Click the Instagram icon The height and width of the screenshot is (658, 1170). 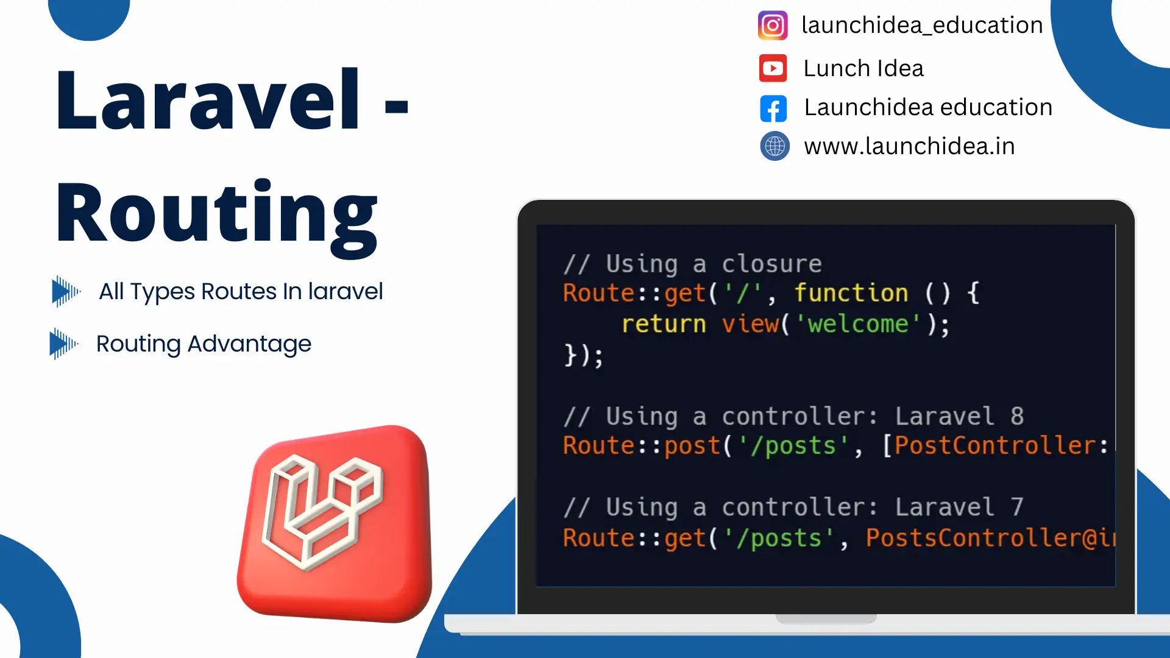tap(773, 26)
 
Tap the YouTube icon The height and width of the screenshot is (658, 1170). tap(773, 68)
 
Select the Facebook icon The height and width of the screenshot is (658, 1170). tap(773, 108)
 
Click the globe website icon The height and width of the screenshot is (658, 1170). tap(775, 146)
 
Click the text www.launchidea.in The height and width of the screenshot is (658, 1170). tap(909, 146)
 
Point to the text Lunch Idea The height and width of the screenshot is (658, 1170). tap(863, 68)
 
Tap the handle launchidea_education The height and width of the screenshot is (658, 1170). tap(922, 26)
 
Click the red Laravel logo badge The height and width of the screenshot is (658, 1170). tap(335, 523)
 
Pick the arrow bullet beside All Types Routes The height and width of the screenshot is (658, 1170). tap(66, 291)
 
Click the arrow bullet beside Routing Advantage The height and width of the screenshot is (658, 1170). tap(63, 344)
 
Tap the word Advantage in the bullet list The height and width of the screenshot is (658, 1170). tap(249, 344)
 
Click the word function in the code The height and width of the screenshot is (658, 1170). tap(851, 293)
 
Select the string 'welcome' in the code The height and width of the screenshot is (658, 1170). tap(857, 324)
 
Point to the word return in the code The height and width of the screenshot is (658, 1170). tap(664, 324)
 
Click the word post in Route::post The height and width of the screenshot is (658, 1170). tap(692, 446)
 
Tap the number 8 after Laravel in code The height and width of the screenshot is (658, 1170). tap(1017, 416)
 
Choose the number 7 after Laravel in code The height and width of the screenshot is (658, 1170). tap(1017, 507)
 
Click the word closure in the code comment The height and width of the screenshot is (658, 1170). tap(772, 264)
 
